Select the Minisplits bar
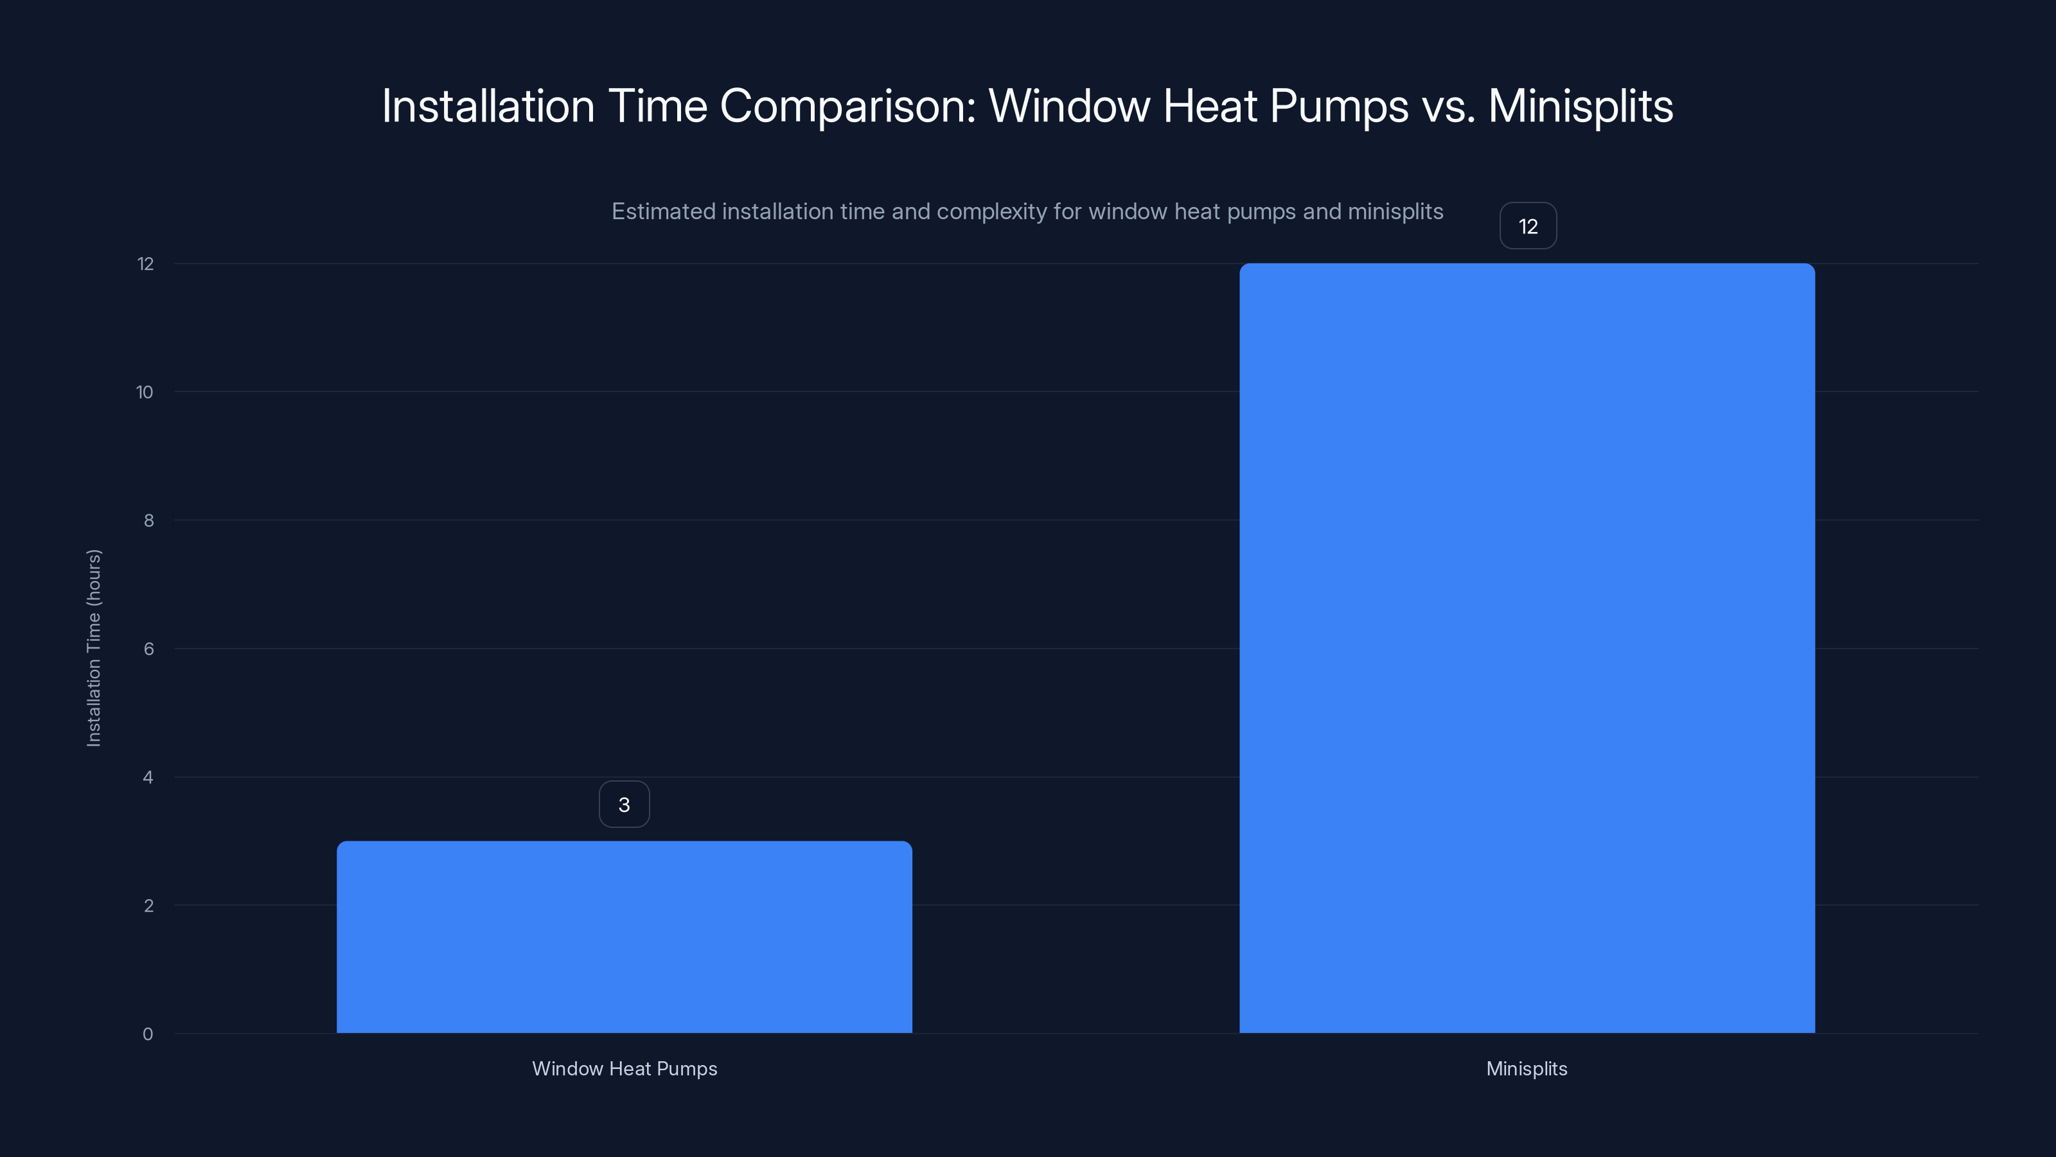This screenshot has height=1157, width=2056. pos(1527,647)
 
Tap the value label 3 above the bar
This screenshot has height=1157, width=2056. pos(624,804)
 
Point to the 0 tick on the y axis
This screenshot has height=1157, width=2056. pos(148,1034)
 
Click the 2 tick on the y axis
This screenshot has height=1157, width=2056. pos(148,906)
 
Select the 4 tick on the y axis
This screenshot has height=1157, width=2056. pos(148,777)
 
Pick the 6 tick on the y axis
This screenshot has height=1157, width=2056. pos(148,649)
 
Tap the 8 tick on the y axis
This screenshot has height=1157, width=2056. pos(148,521)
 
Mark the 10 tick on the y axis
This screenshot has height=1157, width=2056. pos(145,392)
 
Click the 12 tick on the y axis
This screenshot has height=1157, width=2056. pos(145,264)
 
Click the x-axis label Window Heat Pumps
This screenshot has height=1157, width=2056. pos(624,1068)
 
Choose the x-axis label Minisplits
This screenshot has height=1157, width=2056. pos(1526,1068)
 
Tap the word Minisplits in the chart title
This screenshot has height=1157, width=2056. pos(1581,106)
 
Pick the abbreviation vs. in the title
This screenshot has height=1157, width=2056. pos(1448,106)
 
